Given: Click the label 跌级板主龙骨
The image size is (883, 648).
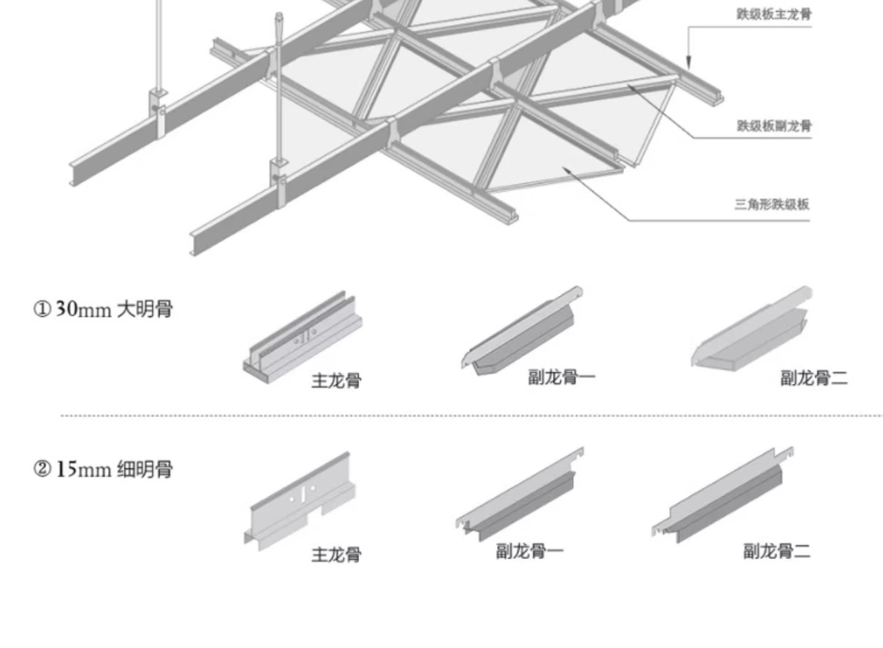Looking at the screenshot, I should pos(774,14).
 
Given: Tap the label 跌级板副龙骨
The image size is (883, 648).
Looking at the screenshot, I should pos(774,126).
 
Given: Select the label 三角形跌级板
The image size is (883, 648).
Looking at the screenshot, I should pos(772,204).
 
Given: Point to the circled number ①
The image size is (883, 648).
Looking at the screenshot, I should pos(42,309).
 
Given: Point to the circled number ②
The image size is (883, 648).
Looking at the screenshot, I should pos(42,470).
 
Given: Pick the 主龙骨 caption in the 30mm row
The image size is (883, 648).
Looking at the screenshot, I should pos(336,381).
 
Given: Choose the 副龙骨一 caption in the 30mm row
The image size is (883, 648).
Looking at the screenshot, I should pos(561,377).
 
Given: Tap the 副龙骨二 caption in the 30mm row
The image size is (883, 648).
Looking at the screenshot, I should pos(814,378).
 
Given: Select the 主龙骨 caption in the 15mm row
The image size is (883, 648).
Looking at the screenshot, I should pos(336,555).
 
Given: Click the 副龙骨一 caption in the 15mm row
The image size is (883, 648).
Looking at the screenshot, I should pos(529,551).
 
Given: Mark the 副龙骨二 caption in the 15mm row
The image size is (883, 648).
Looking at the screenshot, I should pos(777,551).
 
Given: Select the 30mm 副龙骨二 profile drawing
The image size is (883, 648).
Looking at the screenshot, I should pos(751,331).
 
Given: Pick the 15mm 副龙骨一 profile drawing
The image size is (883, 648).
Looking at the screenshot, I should pos(520,496).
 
